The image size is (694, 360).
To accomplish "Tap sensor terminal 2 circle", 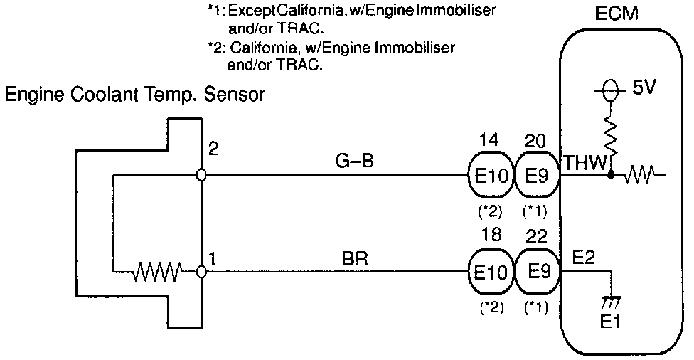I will (202, 174).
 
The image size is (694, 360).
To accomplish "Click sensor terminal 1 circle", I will (202, 271).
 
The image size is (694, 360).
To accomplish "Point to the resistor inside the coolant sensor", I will (160, 271).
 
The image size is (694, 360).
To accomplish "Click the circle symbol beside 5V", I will (608, 90).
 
